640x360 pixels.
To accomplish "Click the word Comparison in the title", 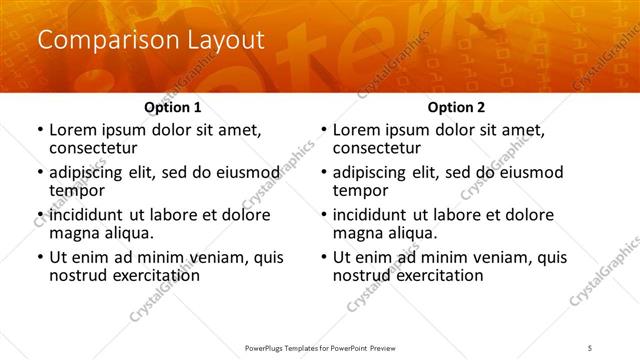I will point(94,41).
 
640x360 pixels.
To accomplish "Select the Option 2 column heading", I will point(455,107).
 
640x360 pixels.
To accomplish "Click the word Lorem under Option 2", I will point(356,130).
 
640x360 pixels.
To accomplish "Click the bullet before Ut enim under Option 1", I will point(39,257).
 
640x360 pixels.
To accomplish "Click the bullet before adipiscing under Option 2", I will point(323,172).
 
